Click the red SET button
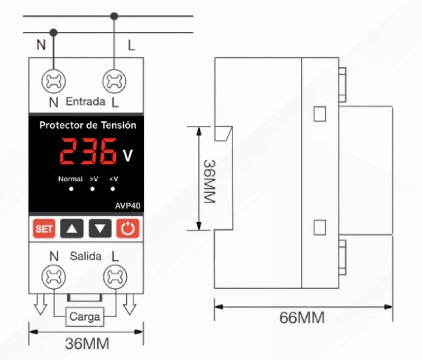44,229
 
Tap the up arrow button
72,229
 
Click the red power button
128,229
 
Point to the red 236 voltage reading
88,151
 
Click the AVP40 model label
127,206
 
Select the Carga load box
85,317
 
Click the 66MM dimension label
302,318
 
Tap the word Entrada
86,102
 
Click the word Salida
86,256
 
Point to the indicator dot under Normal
71,189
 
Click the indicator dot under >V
93,189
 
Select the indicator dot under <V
113,189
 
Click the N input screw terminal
53,81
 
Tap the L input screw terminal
114,81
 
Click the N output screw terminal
53,277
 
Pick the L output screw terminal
115,277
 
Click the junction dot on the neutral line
53,33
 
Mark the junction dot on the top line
114,16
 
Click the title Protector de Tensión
88,125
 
